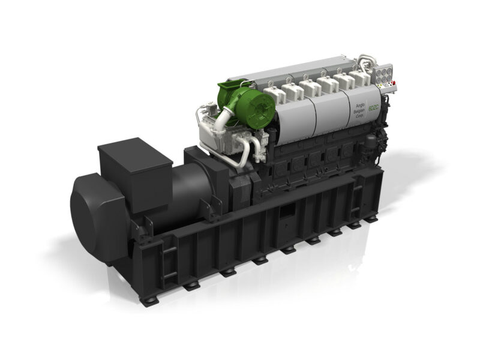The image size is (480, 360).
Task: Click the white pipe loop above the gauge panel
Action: [367, 60]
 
